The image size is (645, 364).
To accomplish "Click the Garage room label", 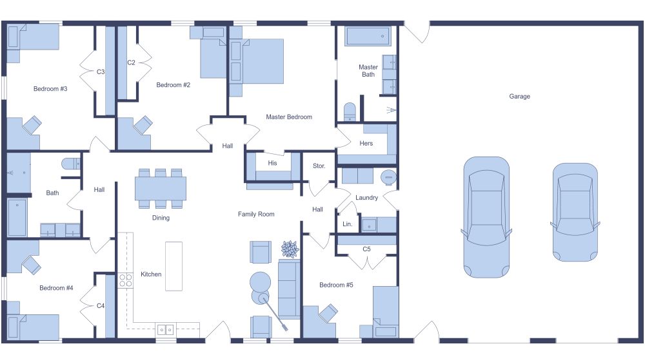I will [519, 97].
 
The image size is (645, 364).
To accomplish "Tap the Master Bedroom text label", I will [289, 117].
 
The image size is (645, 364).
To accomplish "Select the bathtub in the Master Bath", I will [368, 36].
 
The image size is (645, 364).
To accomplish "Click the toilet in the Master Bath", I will [350, 111].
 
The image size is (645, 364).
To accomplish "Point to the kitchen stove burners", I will [125, 280].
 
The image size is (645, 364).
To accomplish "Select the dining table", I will [160, 188].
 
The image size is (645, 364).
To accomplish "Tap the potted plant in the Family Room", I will [290, 249].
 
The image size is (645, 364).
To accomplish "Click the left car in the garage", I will [486, 216].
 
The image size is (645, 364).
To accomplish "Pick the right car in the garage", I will [575, 212].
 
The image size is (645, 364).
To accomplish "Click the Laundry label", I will [366, 198].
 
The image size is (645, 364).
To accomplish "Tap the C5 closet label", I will [366, 249].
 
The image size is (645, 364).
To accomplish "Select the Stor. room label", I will [319, 166].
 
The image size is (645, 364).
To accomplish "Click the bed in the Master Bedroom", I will [256, 61].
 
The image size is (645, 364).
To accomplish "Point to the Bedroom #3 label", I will [50, 89].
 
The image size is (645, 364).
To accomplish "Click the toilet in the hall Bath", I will [70, 164].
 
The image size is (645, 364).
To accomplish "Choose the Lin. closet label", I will [347, 225].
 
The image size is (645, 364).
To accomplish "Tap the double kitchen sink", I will [165, 329].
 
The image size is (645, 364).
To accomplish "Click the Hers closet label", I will [366, 144].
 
